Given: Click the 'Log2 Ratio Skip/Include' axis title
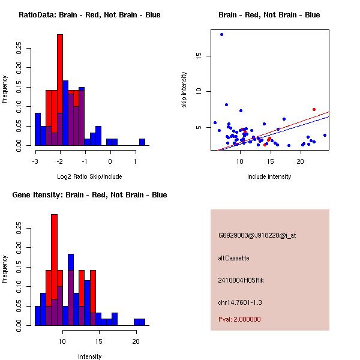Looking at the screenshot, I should tap(89, 176).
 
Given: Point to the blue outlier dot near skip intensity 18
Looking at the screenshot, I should tap(221, 34).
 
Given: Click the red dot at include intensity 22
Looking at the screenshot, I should tap(314, 109).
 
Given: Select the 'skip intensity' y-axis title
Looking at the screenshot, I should tap(184, 90).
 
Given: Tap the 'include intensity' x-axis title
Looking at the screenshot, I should tap(269, 176).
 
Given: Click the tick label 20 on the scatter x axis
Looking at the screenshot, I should tap(301, 162).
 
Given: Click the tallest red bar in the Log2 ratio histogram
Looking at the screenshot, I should tap(60, 90).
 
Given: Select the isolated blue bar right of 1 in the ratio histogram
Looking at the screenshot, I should tap(142, 142).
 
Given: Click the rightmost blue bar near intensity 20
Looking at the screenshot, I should tap(139, 322).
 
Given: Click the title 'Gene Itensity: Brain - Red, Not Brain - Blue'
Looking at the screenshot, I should tap(89, 194).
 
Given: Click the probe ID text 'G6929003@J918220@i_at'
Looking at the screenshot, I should tap(257, 235).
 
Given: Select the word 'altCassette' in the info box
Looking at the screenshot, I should tap(233, 258).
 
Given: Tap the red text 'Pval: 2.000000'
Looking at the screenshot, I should tap(239, 319).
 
